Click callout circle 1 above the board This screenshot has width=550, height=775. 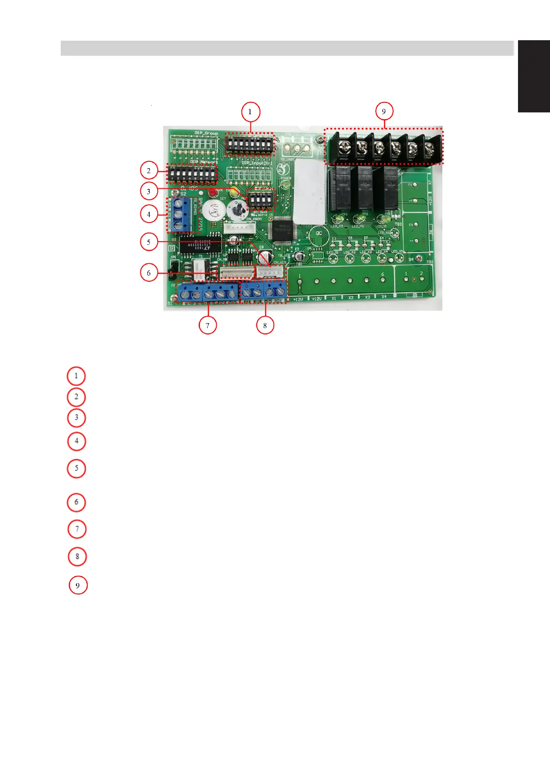250,112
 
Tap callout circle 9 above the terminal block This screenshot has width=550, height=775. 384,111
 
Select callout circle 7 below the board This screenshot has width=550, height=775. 208,325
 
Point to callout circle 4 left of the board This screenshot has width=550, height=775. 149,214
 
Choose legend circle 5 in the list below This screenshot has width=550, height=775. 76,468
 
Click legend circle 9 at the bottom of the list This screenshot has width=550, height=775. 78,585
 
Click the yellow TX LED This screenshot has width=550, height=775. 235,191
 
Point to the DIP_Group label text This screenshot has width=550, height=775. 206,133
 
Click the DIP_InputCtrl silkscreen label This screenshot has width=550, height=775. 257,163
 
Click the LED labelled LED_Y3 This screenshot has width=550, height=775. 338,218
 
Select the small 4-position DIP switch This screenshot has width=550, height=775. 261,200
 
